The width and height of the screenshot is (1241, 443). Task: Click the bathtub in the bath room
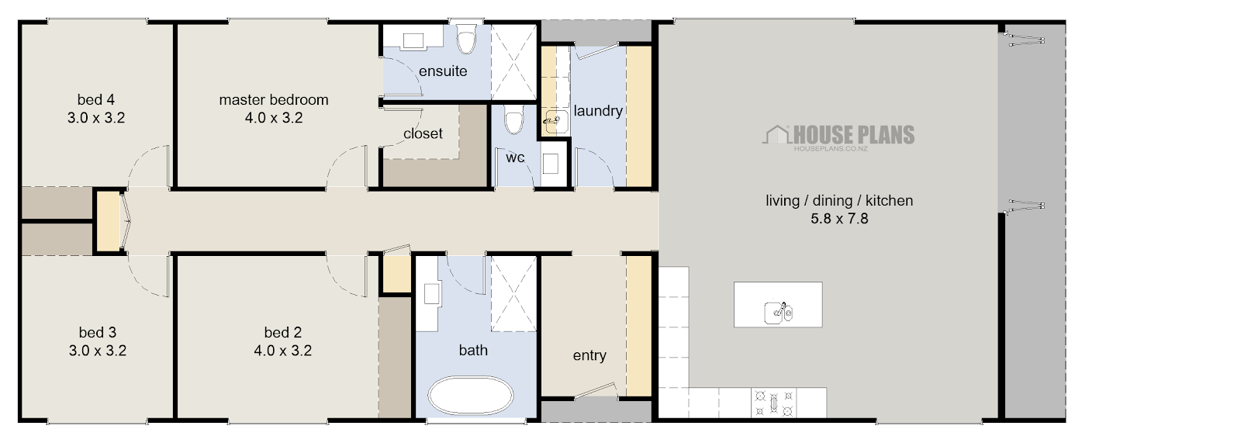(x=470, y=396)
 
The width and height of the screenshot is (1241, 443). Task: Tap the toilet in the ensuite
(x=466, y=38)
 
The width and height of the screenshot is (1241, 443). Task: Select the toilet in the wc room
(x=514, y=119)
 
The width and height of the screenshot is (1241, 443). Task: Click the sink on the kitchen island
(x=779, y=312)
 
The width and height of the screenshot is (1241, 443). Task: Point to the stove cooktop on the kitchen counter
(x=774, y=403)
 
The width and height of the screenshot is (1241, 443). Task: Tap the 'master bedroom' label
(x=274, y=100)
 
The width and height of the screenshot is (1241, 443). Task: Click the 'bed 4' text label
(x=96, y=100)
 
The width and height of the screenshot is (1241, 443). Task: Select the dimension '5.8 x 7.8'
(x=839, y=219)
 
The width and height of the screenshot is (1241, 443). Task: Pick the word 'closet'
(x=423, y=133)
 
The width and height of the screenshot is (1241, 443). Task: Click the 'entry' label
(x=589, y=355)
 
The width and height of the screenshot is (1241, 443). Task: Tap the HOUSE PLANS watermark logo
(x=838, y=137)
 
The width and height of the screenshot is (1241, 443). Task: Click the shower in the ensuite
(x=513, y=62)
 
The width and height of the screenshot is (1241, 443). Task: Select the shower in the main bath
(x=513, y=294)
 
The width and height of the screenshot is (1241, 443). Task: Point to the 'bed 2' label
(x=282, y=333)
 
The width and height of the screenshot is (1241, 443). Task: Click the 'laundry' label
(x=598, y=111)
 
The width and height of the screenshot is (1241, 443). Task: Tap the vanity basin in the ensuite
(x=413, y=40)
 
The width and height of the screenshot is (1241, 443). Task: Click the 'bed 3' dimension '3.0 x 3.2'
(x=98, y=351)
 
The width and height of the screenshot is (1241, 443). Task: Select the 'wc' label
(x=515, y=158)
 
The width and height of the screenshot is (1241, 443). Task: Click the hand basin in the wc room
(x=550, y=163)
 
